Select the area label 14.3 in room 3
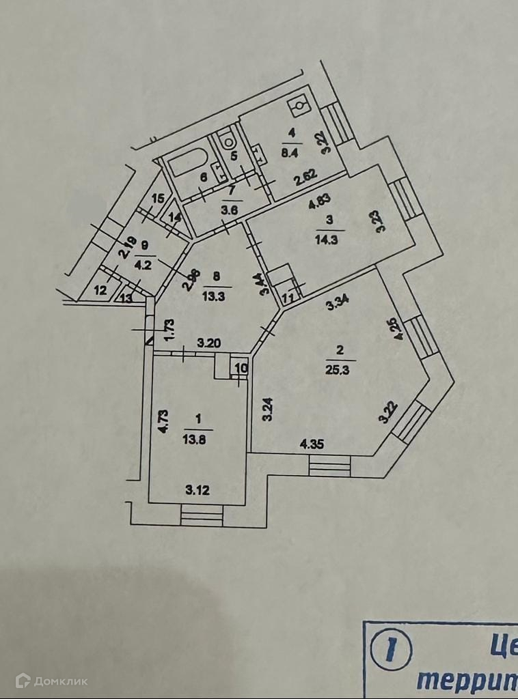click(331, 240)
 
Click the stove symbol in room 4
click(299, 106)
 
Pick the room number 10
click(241, 369)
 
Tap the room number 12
click(100, 291)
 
